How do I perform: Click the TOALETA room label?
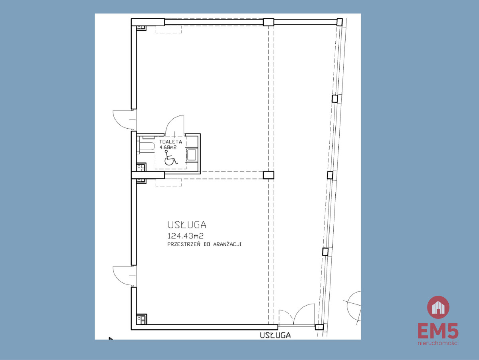170,141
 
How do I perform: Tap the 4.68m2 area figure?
168,147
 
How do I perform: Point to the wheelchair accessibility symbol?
171,157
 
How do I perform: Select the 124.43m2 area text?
186,236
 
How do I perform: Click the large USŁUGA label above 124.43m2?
187,225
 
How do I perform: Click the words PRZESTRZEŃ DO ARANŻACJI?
204,244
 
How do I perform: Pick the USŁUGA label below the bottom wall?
275,335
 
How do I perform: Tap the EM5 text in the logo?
438,331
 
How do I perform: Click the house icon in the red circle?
438,307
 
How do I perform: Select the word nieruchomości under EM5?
438,343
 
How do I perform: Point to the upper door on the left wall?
125,120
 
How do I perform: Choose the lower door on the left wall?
125,276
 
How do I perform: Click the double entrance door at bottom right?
297,315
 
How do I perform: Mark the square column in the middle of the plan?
268,175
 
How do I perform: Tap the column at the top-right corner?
339,22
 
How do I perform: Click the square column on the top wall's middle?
268,22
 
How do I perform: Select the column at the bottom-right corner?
319,327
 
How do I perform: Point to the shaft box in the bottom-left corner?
142,319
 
